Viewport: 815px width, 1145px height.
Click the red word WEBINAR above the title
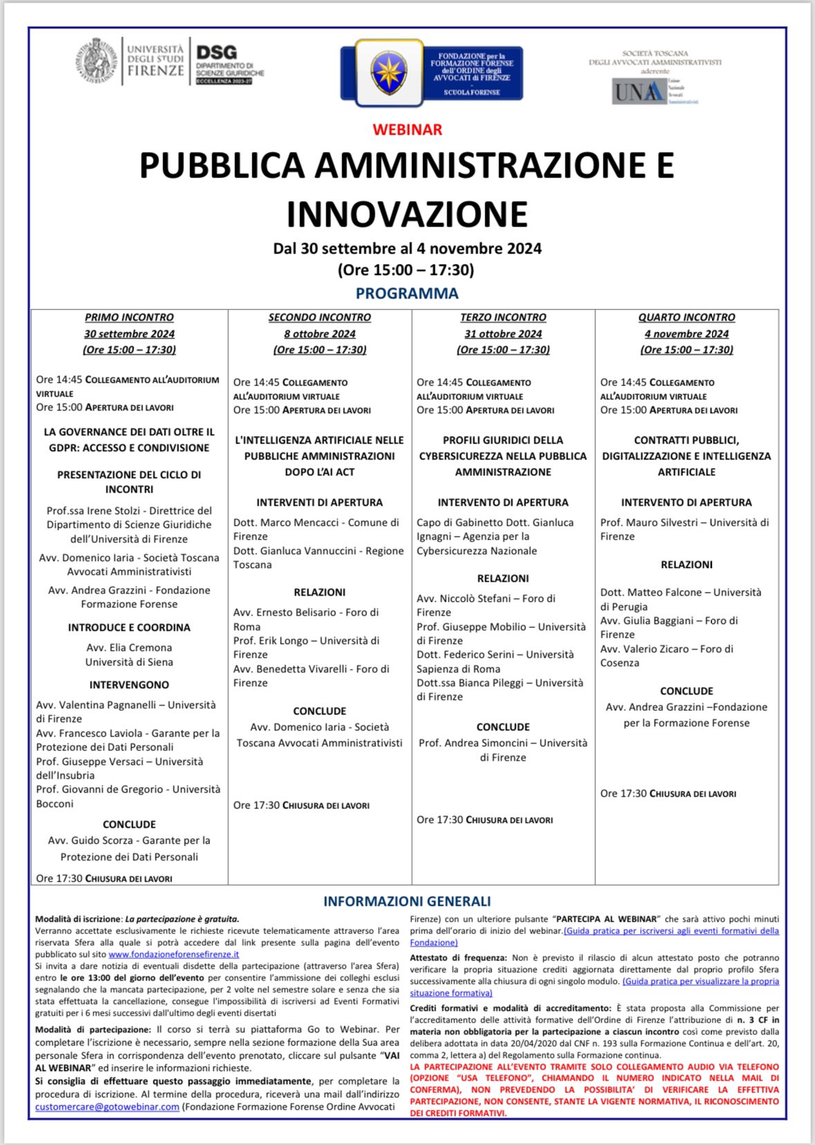click(406, 129)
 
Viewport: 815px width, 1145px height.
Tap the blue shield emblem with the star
click(388, 72)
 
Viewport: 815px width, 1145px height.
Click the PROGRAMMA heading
click(406, 293)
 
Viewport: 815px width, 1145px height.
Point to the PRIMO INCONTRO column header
click(129, 317)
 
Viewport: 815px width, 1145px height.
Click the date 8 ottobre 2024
click(319, 334)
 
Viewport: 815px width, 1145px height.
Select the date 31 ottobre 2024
click(503, 334)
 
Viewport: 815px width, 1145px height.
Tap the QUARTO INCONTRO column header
click(686, 317)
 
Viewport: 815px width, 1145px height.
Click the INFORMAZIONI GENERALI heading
click(406, 901)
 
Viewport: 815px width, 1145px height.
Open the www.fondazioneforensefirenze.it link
click(174, 954)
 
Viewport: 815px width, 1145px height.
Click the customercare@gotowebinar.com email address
click(107, 1106)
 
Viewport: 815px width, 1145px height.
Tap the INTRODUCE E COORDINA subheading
click(129, 627)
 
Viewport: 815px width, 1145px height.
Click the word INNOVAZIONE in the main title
click(406, 214)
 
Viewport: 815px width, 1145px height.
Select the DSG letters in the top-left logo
click(216, 53)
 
